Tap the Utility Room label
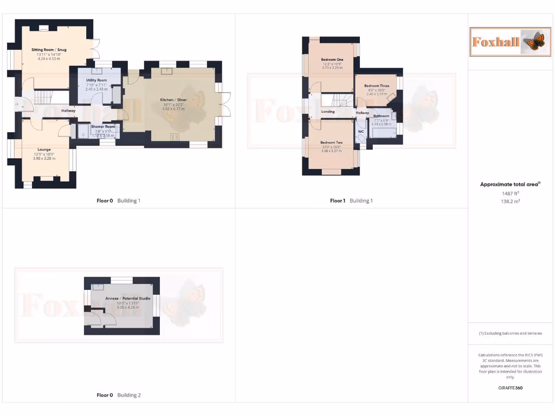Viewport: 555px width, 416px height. click(x=96, y=80)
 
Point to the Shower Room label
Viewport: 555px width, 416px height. click(x=102, y=127)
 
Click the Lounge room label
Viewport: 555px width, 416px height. click(x=44, y=149)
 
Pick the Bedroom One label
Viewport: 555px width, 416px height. click(x=332, y=60)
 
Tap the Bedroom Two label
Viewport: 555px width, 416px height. click(x=332, y=142)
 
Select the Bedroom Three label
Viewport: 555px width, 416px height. click(x=377, y=86)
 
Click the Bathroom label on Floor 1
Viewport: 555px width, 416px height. click(x=382, y=116)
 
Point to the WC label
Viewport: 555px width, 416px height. click(x=361, y=132)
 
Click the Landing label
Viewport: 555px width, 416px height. click(x=328, y=112)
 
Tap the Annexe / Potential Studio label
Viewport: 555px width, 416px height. click(x=122, y=298)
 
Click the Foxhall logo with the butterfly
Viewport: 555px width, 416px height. click(x=509, y=41)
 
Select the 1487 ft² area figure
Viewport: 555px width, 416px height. click(x=511, y=193)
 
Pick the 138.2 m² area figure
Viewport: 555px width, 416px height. click(x=511, y=201)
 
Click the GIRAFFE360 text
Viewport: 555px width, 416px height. click(x=510, y=388)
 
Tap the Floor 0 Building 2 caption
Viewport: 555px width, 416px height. click(x=119, y=395)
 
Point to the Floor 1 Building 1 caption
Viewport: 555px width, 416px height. click(x=351, y=201)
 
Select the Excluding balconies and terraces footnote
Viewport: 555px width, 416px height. click(x=510, y=333)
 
